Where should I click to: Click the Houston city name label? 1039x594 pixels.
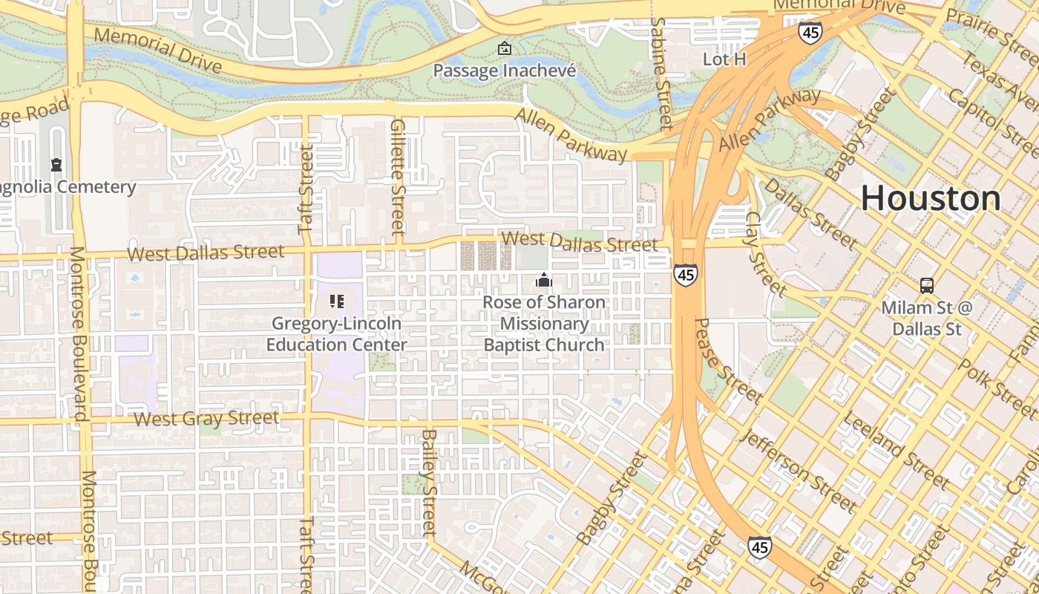coord(931,198)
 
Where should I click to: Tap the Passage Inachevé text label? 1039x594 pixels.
coord(505,71)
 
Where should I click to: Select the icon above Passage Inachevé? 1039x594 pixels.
coord(505,49)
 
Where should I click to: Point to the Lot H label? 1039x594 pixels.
coord(724,59)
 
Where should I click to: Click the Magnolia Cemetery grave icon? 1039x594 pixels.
coord(56,164)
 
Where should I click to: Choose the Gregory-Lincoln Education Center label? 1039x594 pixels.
coord(336,334)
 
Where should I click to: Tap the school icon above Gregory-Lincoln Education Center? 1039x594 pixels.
coord(337,301)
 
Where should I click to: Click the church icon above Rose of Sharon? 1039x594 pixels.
coord(544,281)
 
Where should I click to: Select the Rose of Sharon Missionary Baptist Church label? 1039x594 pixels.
coord(544,324)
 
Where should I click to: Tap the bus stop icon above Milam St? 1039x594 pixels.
coord(927,285)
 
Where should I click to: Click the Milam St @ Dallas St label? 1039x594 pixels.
coord(927,318)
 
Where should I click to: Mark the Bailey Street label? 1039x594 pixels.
coord(429,482)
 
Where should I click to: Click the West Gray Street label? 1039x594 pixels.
coord(206,419)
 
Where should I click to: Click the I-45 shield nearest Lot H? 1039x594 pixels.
coord(810,32)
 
